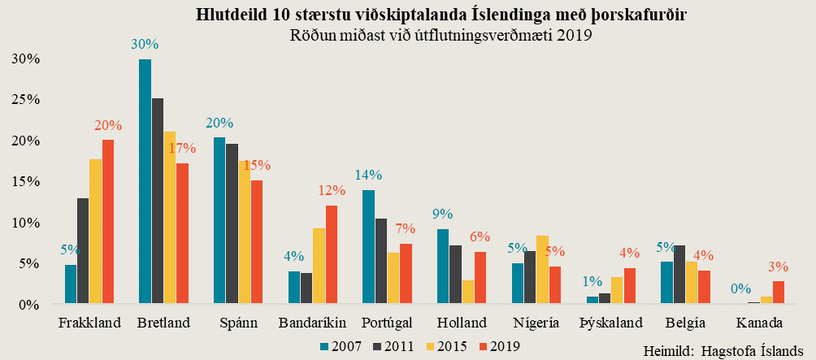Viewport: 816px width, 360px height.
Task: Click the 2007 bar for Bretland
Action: click(145, 182)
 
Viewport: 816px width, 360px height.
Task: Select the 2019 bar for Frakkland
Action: click(108, 222)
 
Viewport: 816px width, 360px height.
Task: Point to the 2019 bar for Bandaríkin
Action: click(331, 254)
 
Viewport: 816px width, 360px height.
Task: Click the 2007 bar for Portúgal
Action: click(368, 247)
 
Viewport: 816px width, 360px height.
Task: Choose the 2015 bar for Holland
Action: click(468, 292)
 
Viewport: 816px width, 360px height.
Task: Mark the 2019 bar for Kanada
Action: click(778, 293)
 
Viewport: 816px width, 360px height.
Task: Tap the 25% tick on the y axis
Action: click(25, 99)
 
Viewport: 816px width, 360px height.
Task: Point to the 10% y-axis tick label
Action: click(25, 223)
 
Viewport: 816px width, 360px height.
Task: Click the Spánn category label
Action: click(238, 323)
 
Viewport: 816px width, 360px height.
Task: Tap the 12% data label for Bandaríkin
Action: click(332, 191)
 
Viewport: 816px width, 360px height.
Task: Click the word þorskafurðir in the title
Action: click(639, 15)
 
